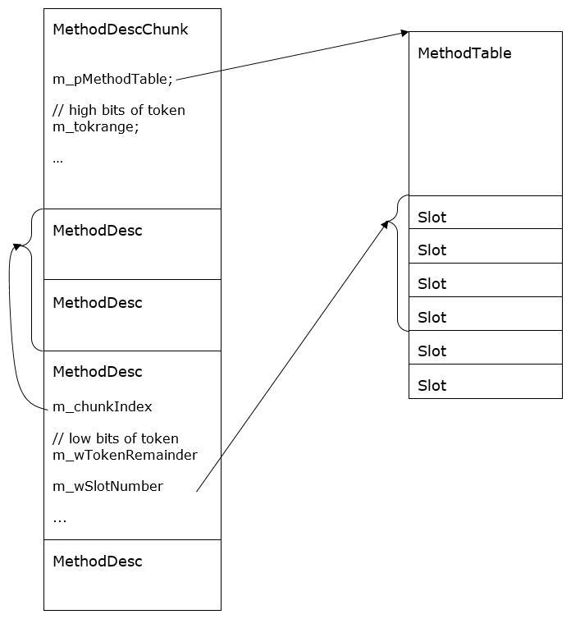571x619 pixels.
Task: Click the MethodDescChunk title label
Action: click(120, 30)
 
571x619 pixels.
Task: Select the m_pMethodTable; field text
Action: click(112, 79)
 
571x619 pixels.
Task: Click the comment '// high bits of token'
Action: click(118, 110)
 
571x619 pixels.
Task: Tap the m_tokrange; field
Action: click(96, 126)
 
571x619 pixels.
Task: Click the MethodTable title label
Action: click(464, 53)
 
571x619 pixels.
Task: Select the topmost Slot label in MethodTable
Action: click(432, 218)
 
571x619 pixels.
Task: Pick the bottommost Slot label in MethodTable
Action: click(432, 385)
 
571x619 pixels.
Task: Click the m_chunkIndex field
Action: click(102, 406)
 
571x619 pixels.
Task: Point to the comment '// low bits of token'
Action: click(115, 438)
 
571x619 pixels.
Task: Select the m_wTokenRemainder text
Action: click(125, 455)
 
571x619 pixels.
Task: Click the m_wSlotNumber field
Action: click(107, 486)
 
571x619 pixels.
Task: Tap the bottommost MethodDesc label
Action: click(97, 562)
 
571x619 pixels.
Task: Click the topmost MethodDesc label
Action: click(97, 231)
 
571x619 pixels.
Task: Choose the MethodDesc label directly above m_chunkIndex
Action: click(97, 372)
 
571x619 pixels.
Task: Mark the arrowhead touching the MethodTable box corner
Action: click(404, 33)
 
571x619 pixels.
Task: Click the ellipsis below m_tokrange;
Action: click(57, 159)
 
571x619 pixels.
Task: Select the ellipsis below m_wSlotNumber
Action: click(59, 519)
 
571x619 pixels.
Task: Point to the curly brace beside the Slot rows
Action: click(397, 263)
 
